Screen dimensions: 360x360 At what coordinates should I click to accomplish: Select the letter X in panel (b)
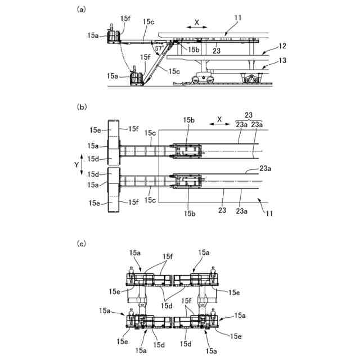coord(219,119)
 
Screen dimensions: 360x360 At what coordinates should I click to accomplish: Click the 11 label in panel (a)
coord(238,18)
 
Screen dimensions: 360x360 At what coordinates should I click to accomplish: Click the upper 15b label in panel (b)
coord(188,120)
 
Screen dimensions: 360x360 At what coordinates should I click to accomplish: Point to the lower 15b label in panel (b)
coord(188,213)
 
